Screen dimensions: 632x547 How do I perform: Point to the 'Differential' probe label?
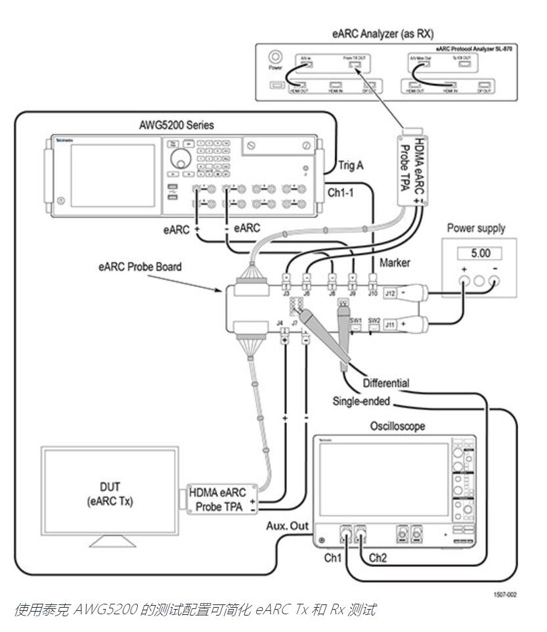386,382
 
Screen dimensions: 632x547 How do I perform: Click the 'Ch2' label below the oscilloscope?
378,558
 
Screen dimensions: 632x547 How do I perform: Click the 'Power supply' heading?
475,229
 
